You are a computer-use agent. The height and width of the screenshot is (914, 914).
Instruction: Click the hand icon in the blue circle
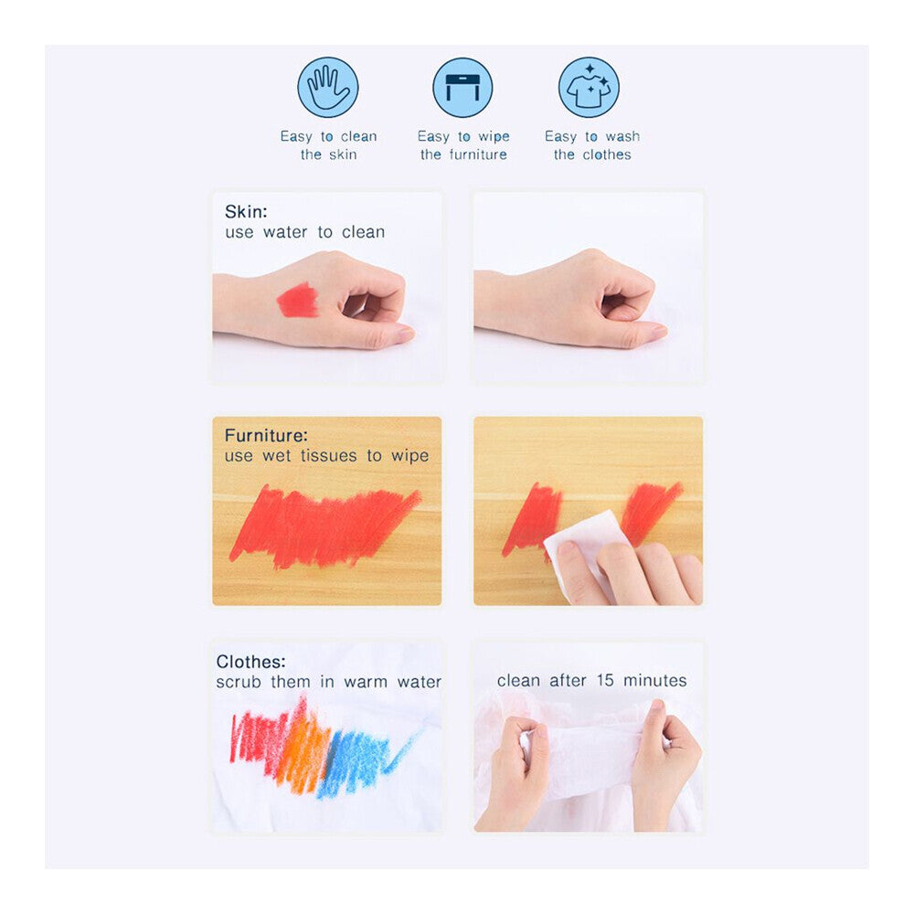tap(328, 88)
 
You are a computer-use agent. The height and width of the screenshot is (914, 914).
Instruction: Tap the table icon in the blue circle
tap(462, 88)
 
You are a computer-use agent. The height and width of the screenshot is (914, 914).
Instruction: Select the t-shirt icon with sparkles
tap(589, 88)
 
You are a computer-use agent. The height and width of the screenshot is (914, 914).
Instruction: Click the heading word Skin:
tap(246, 211)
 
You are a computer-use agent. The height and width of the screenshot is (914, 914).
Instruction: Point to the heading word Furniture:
tap(266, 435)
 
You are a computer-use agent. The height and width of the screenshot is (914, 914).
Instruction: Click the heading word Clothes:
tap(250, 662)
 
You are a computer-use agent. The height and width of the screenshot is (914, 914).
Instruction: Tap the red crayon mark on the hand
tap(297, 300)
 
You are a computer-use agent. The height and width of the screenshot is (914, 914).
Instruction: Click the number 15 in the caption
tap(605, 680)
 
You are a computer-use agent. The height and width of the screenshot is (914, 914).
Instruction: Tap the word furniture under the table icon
tap(478, 154)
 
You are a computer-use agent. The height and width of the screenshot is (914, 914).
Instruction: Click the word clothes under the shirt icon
tap(607, 154)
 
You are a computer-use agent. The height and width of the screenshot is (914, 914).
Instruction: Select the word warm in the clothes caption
tap(366, 682)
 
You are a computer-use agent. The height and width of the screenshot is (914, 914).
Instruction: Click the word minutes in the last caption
tap(655, 680)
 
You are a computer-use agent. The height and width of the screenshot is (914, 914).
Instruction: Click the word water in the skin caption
tap(285, 232)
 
